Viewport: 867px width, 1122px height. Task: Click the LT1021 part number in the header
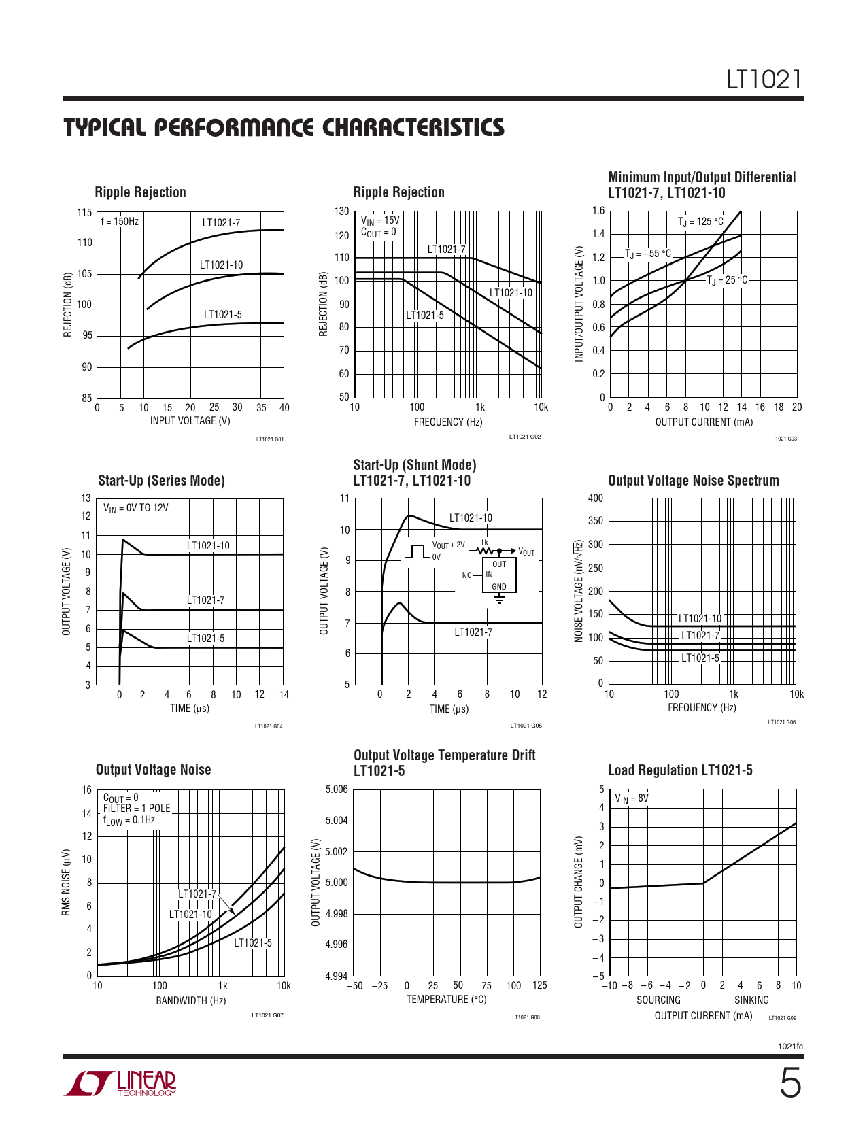[x=764, y=80]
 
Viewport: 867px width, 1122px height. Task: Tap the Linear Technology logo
[x=120, y=1083]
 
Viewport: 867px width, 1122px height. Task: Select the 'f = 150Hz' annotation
[x=120, y=222]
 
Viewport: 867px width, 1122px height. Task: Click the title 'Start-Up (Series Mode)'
[x=162, y=481]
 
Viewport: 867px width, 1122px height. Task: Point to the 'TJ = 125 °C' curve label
[x=700, y=222]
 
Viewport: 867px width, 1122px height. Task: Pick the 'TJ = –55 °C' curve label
[x=648, y=254]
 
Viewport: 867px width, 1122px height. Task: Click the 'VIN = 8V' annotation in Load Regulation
[x=632, y=798]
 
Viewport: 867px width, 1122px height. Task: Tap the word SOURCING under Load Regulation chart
[x=658, y=1000]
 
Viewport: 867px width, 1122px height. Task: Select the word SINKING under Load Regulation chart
[x=751, y=1000]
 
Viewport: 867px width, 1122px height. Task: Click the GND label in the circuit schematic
[x=499, y=587]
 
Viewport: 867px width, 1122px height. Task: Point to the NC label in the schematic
[x=466, y=575]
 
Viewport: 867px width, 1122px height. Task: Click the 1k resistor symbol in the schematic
[x=484, y=551]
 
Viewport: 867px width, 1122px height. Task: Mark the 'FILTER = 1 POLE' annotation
[x=137, y=808]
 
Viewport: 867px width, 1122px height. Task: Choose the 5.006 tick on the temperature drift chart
[x=337, y=789]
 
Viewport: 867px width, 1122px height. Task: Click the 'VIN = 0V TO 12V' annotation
[x=136, y=508]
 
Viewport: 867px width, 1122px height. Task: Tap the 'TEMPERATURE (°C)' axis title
[x=447, y=999]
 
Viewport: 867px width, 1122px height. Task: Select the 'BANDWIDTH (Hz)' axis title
[x=191, y=1001]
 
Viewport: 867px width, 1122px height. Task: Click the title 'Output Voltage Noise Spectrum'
[x=694, y=481]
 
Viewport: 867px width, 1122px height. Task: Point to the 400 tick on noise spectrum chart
[x=596, y=498]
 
